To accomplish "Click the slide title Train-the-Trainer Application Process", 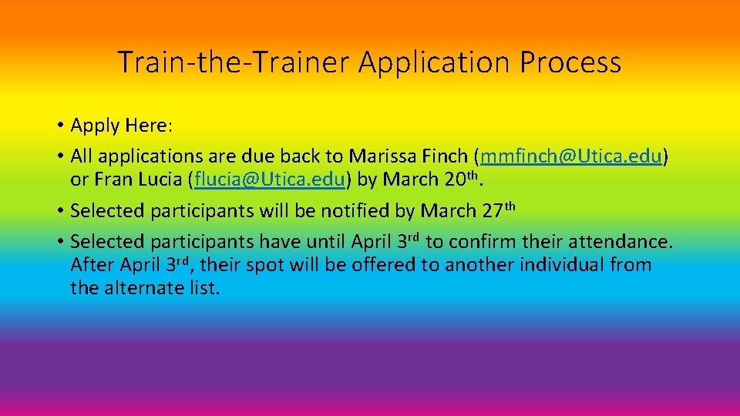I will click(369, 62).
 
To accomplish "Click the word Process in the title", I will click(570, 62).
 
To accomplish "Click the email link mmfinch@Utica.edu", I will click(570, 156).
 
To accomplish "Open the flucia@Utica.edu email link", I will click(271, 180).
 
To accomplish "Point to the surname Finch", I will click(444, 156).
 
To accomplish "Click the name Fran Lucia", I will click(138, 180).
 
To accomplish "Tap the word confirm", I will click(480, 242).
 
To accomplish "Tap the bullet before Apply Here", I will click(59, 126).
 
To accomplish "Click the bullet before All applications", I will click(59, 157).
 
